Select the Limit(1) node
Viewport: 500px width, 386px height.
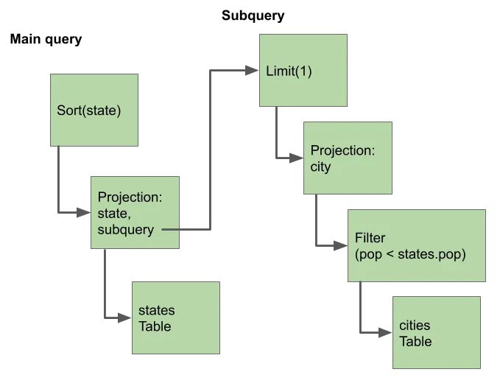(303, 70)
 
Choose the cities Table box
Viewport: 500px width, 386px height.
(437, 333)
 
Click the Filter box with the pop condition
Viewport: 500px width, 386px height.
(417, 245)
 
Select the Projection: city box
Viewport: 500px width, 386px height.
(348, 158)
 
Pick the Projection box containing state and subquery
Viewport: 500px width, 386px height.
(135, 214)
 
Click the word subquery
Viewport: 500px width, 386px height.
(125, 229)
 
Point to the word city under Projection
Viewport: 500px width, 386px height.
(321, 166)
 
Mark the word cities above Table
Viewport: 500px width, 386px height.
(415, 326)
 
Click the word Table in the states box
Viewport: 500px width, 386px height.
(155, 326)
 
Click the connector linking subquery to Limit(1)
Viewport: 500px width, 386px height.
(209, 147)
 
